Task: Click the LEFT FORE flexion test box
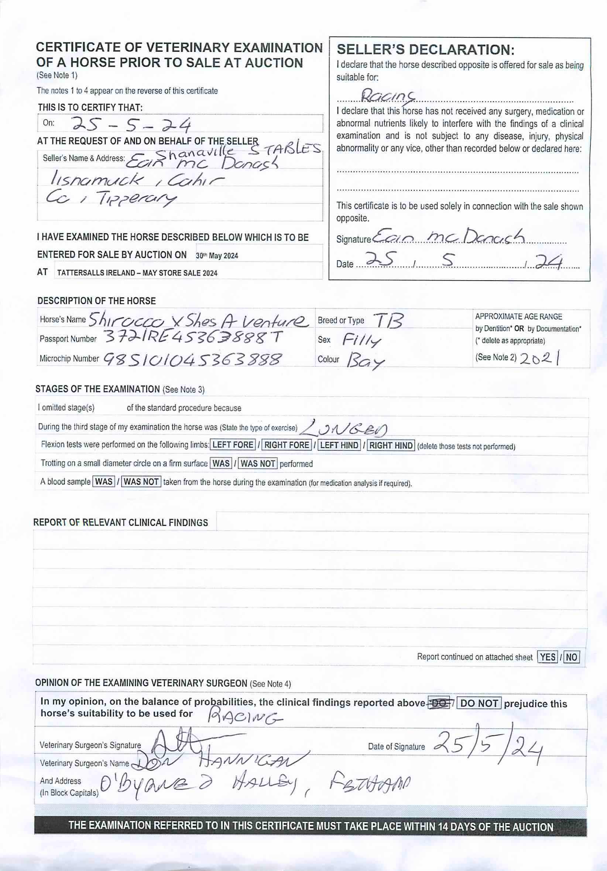233,445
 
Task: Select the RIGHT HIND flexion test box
391,445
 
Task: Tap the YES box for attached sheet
548,657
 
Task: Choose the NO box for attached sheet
572,657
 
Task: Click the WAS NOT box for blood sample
141,482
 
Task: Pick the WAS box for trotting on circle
221,464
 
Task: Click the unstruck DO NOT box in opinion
479,703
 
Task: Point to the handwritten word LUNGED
345,428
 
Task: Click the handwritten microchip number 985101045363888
193,359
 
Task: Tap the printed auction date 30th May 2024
217,256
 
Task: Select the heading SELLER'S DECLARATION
425,50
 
